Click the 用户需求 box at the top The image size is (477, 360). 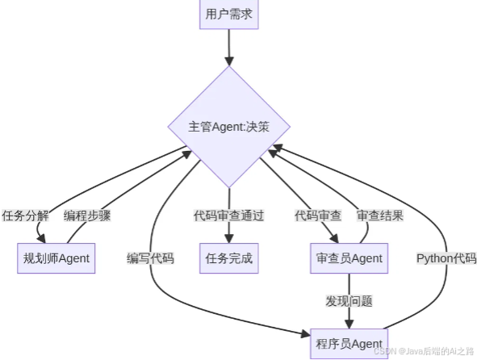(229, 14)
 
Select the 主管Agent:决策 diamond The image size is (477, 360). (229, 127)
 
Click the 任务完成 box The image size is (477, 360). (229, 258)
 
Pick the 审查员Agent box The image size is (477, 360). (347, 258)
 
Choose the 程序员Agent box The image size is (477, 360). (347, 343)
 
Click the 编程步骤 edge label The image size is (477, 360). (87, 216)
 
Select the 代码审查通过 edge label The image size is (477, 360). (229, 216)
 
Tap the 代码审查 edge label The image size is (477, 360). (318, 216)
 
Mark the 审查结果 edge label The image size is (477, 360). (380, 216)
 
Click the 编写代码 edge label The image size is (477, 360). (151, 258)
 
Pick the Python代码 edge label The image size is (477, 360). (446, 258)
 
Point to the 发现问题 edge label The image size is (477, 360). (349, 301)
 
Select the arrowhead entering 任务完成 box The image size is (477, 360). (229, 237)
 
